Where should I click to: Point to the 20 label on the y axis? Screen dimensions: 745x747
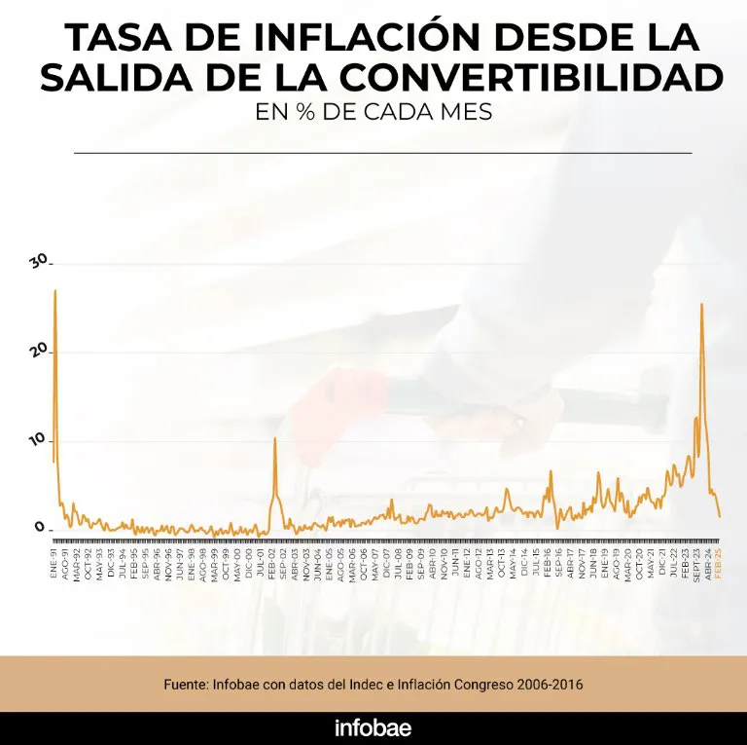pyautogui.click(x=38, y=351)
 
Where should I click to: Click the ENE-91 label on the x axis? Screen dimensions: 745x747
pyautogui.click(x=53, y=565)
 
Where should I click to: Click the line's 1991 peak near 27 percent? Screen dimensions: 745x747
pyautogui.click(x=55, y=290)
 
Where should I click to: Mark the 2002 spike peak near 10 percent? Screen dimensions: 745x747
pyautogui.click(x=275, y=438)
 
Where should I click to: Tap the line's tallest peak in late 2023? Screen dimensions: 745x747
pyautogui.click(x=701, y=304)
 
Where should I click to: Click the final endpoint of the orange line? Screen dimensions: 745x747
pyautogui.click(x=720, y=516)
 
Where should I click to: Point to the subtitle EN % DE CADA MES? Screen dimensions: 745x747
pyautogui.click(x=373, y=112)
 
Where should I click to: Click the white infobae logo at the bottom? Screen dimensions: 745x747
pyautogui.click(x=373, y=726)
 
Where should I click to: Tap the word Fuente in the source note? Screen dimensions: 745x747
pyautogui.click(x=188, y=685)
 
